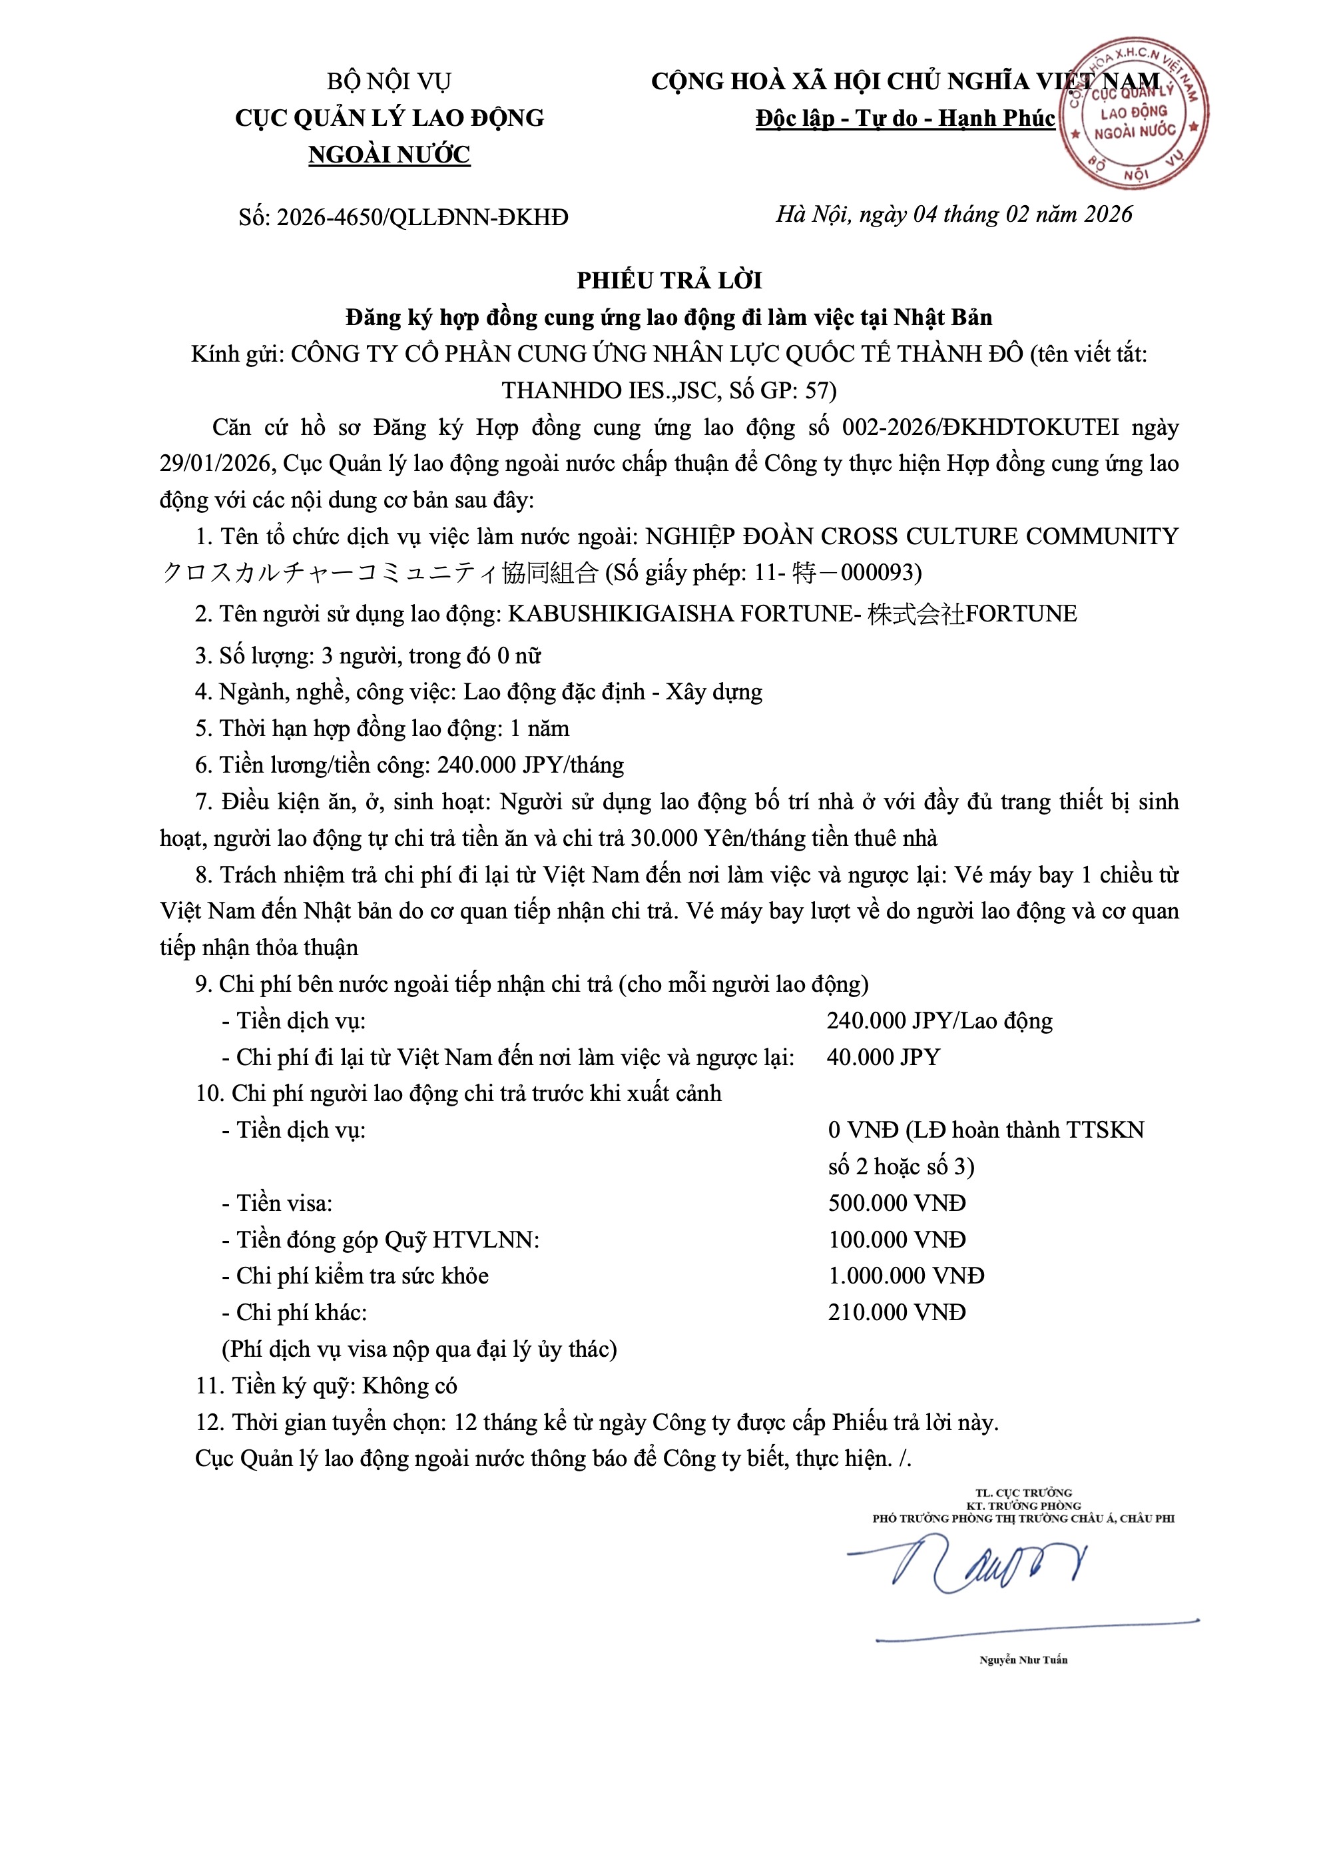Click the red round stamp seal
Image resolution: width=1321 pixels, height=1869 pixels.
[1133, 113]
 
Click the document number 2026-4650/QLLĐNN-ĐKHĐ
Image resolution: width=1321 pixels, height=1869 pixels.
[421, 217]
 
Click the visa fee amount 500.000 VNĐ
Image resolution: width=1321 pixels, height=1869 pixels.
[896, 1203]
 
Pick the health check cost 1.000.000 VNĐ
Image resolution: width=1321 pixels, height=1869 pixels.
[906, 1276]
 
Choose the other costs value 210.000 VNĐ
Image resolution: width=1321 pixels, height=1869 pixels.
[896, 1312]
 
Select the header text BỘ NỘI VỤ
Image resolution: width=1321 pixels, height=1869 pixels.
[389, 81]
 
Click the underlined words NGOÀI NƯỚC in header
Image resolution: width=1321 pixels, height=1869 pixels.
[389, 155]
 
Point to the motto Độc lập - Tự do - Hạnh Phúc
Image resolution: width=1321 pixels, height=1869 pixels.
[905, 119]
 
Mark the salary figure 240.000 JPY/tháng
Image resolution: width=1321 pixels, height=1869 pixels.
[531, 765]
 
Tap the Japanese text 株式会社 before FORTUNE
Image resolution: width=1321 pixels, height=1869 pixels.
[916, 613]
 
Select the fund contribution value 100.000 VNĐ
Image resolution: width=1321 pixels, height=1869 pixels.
[896, 1240]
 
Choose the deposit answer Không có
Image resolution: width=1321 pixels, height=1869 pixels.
[409, 1385]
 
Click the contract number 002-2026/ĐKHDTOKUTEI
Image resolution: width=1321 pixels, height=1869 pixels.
[980, 428]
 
